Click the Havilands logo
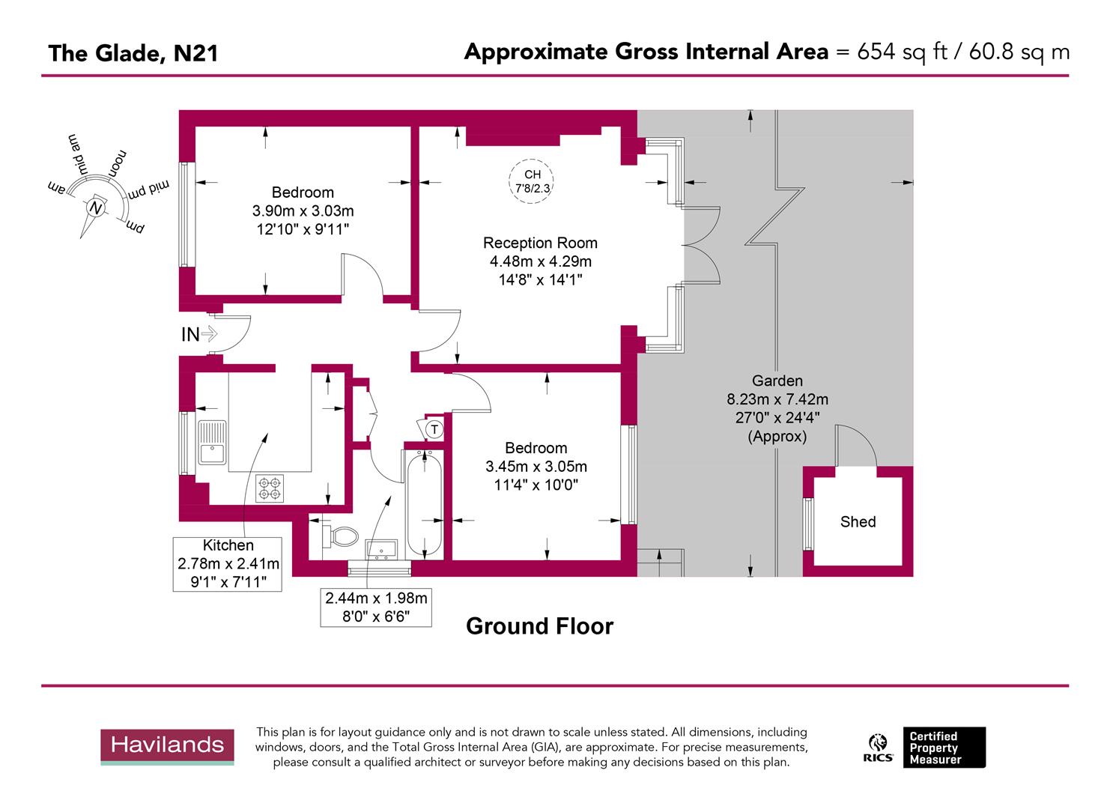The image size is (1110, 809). coord(167,746)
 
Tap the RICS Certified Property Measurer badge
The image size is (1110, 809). coord(926,748)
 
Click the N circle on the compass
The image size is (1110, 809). coord(95,207)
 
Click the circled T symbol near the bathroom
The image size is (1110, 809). coord(434,429)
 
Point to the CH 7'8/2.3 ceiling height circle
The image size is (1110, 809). coord(533,181)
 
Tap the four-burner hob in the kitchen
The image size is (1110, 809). coord(270,488)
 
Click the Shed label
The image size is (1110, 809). coord(858,522)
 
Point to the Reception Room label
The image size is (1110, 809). coord(540,243)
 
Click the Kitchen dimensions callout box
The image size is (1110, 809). coord(228,563)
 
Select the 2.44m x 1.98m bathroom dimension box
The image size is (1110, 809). coord(376,607)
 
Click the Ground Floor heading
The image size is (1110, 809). coord(539,626)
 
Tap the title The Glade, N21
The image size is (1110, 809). coord(133,53)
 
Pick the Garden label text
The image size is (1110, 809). coord(777,381)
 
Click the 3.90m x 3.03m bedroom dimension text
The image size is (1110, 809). coord(303,211)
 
